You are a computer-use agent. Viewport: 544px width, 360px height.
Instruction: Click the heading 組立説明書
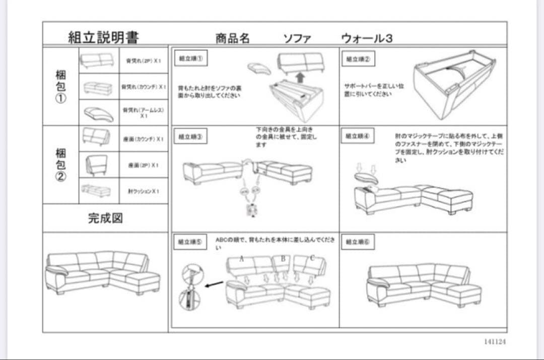click(x=103, y=37)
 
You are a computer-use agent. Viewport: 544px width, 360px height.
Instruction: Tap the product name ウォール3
click(x=367, y=38)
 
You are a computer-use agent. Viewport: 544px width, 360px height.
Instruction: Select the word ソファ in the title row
click(x=297, y=38)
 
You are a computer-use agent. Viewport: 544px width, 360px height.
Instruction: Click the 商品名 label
click(x=232, y=38)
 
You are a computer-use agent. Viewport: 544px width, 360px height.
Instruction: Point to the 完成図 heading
click(x=105, y=218)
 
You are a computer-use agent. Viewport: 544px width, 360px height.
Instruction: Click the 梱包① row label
click(x=60, y=86)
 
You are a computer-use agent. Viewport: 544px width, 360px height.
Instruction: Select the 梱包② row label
click(x=60, y=165)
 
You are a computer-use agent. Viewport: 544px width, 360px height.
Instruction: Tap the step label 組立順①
click(x=191, y=58)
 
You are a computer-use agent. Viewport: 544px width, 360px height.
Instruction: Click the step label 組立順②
click(x=358, y=59)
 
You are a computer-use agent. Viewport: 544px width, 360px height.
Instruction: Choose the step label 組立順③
click(x=191, y=137)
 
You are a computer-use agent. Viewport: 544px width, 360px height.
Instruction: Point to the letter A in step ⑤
click(x=242, y=259)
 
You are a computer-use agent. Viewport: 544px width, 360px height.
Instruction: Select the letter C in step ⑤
click(x=312, y=258)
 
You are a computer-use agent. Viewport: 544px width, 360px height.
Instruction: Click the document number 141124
click(x=495, y=341)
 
